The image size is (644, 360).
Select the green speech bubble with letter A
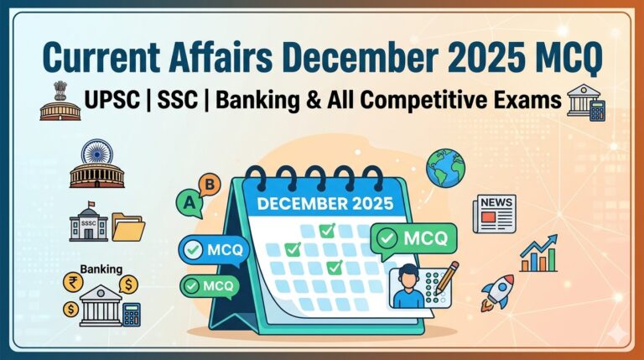pyautogui.click(x=190, y=202)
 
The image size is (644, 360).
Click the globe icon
pyautogui.click(x=444, y=166)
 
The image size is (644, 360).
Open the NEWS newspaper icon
pyautogui.click(x=493, y=213)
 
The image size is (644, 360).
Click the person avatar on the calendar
pyautogui.click(x=409, y=286)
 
